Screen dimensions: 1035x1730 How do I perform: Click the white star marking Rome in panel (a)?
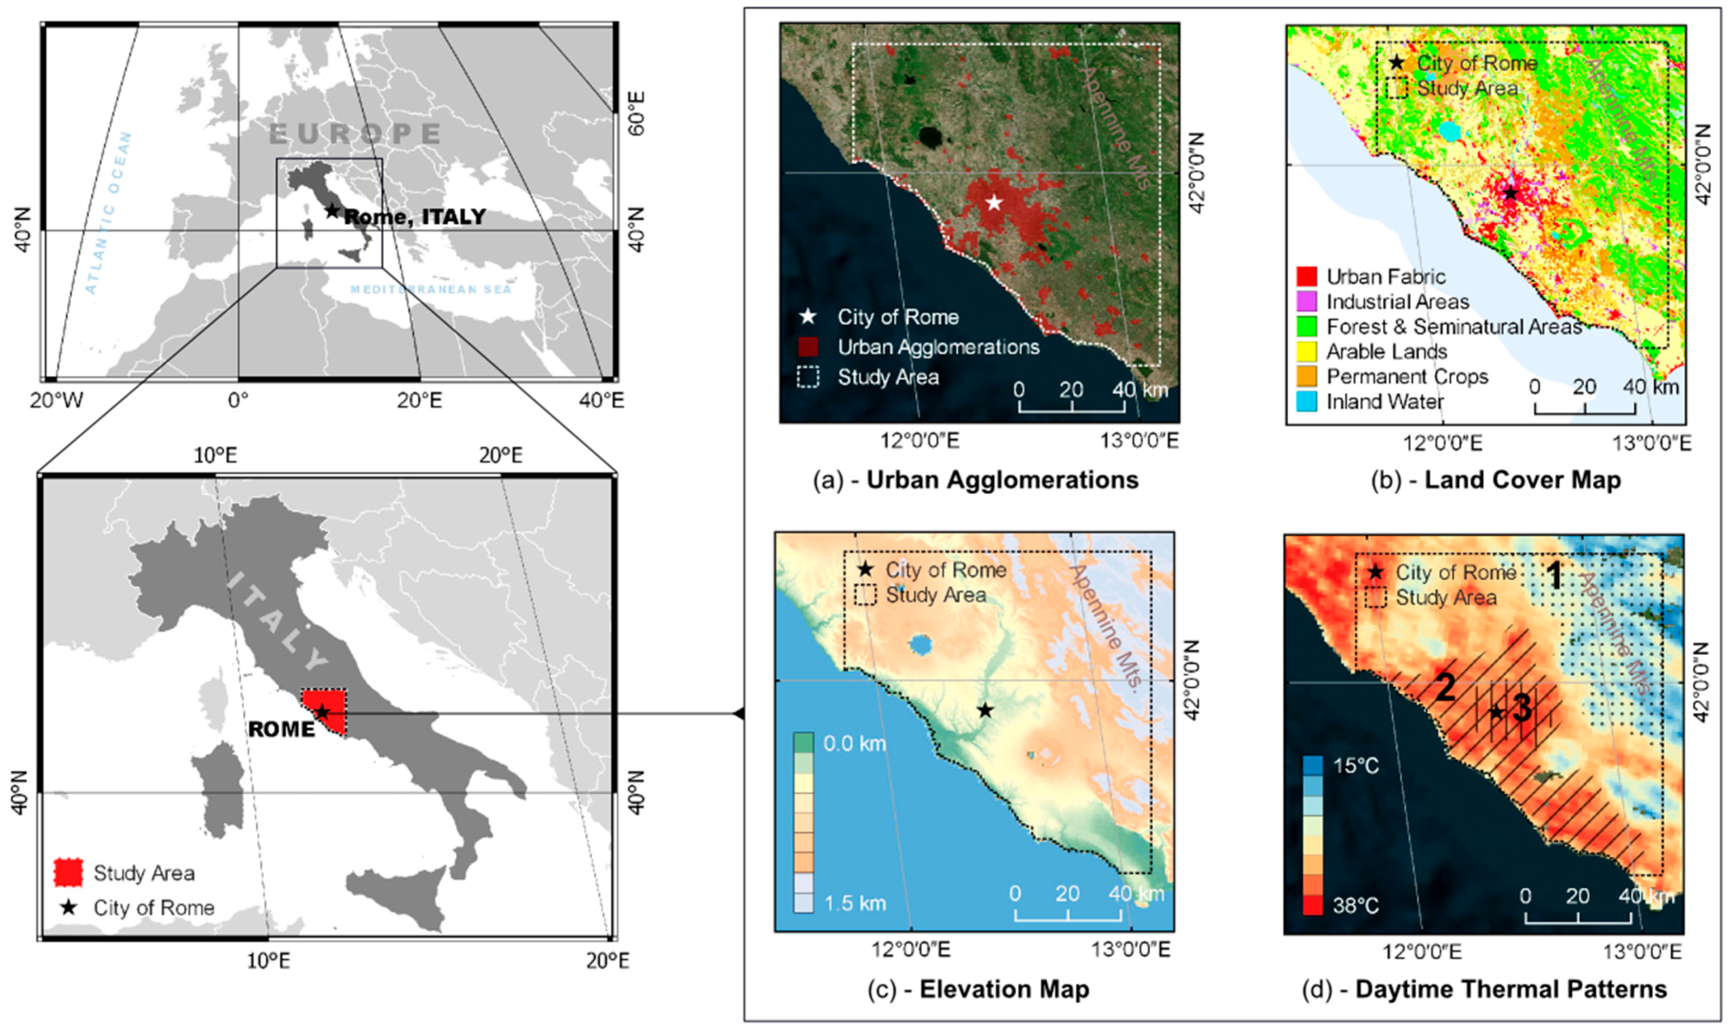pos(994,203)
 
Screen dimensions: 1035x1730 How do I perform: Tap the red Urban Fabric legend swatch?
pos(1306,277)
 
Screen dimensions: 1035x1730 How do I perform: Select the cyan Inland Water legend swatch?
pos(1306,402)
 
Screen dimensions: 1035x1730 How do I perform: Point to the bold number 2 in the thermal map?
pos(1445,688)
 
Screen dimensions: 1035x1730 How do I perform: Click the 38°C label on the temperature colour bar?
pos(1356,906)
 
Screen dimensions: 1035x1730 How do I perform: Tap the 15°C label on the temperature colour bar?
pos(1356,766)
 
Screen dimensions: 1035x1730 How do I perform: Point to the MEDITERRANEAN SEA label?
pos(431,289)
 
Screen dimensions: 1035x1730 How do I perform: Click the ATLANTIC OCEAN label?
pos(108,213)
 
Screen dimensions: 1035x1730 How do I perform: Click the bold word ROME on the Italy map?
pos(281,730)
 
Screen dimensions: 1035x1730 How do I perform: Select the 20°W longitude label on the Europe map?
pos(57,400)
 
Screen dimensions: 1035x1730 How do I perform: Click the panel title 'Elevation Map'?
pos(1004,989)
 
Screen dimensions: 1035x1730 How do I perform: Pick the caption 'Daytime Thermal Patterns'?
pos(1511,989)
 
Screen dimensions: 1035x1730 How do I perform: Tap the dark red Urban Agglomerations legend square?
pos(808,346)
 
